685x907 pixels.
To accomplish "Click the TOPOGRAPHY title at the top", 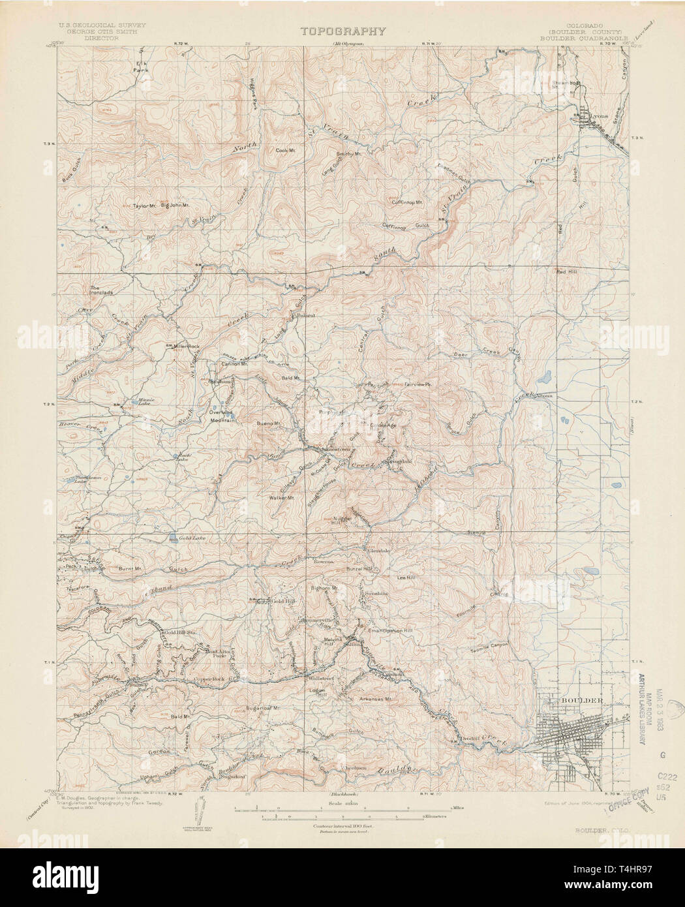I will click(343, 31).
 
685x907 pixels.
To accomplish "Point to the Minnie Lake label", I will click(143, 400).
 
